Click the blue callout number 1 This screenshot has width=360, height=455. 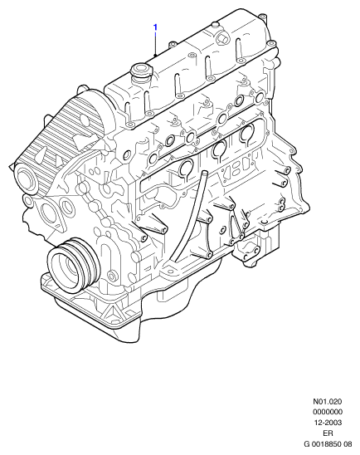coord(155,27)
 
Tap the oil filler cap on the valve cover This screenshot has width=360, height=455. coord(140,71)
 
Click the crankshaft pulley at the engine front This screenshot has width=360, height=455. coord(74,266)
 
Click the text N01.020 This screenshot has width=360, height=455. coord(328,402)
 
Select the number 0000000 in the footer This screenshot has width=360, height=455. coord(328,412)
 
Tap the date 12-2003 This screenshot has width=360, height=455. coord(328,423)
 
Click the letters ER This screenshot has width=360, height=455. coord(328,433)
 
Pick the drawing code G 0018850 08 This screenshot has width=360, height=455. coord(328,444)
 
